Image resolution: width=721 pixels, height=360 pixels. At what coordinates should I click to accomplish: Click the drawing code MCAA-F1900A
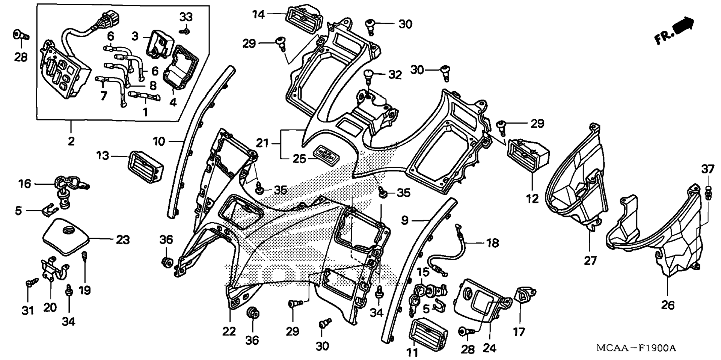(x=637, y=348)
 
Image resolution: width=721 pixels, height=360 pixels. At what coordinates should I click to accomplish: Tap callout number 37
(x=708, y=169)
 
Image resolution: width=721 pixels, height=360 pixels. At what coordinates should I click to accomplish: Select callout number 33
(x=186, y=17)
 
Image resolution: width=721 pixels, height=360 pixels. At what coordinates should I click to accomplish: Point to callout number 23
(x=122, y=239)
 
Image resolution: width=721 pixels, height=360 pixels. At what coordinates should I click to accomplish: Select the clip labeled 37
(x=708, y=191)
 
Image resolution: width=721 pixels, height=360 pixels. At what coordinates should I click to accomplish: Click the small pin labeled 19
(x=85, y=257)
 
